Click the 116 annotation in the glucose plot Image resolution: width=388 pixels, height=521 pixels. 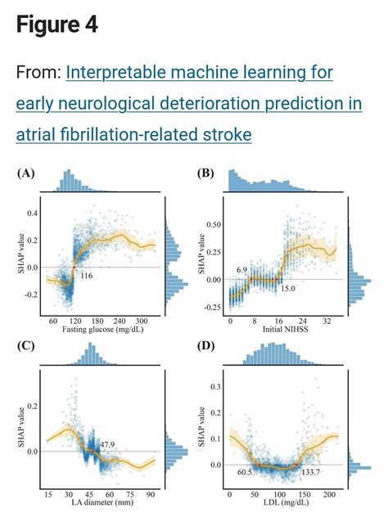coord(87,278)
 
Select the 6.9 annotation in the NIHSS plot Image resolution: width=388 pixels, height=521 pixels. coord(241,269)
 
